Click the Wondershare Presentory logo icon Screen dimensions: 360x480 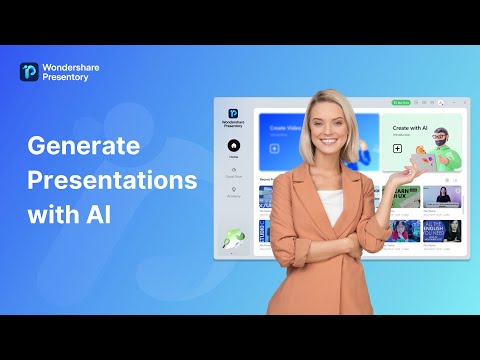coord(29,72)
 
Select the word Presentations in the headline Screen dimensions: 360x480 coord(112,182)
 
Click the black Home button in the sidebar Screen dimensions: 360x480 coord(233,146)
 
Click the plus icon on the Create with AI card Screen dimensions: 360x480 coord(397,148)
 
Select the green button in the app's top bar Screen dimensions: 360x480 coord(401,103)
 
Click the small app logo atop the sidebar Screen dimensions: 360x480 coord(233,113)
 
